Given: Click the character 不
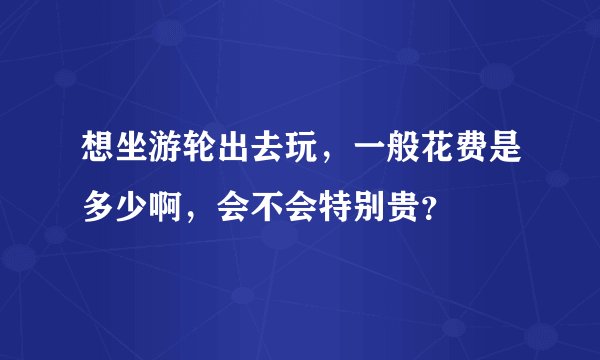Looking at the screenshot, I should (263, 206).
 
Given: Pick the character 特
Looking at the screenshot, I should (331, 206).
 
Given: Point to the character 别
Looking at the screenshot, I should (365, 206).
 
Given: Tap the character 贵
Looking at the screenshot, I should (399, 206).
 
